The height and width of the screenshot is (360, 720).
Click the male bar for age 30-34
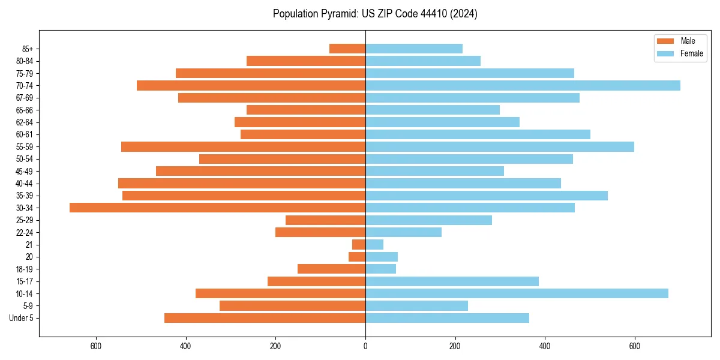217,208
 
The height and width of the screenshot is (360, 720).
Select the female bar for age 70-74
523,85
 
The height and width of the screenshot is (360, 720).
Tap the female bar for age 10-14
517,293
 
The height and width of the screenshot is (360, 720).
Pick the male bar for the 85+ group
347,49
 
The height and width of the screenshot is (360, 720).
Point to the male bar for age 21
359,244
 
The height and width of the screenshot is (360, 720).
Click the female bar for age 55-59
500,146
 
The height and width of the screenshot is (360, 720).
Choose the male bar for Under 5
265,318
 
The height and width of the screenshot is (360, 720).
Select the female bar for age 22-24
403,232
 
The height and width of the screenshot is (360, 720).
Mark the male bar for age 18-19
331,269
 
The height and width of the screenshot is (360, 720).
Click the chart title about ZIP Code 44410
375,14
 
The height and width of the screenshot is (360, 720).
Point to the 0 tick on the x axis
365,346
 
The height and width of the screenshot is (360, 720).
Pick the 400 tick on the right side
545,346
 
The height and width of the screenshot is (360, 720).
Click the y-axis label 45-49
25,171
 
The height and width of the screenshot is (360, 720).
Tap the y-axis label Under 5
22,318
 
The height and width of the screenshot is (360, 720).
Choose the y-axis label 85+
28,49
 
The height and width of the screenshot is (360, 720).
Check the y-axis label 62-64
25,122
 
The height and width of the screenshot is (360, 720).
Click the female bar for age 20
382,257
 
